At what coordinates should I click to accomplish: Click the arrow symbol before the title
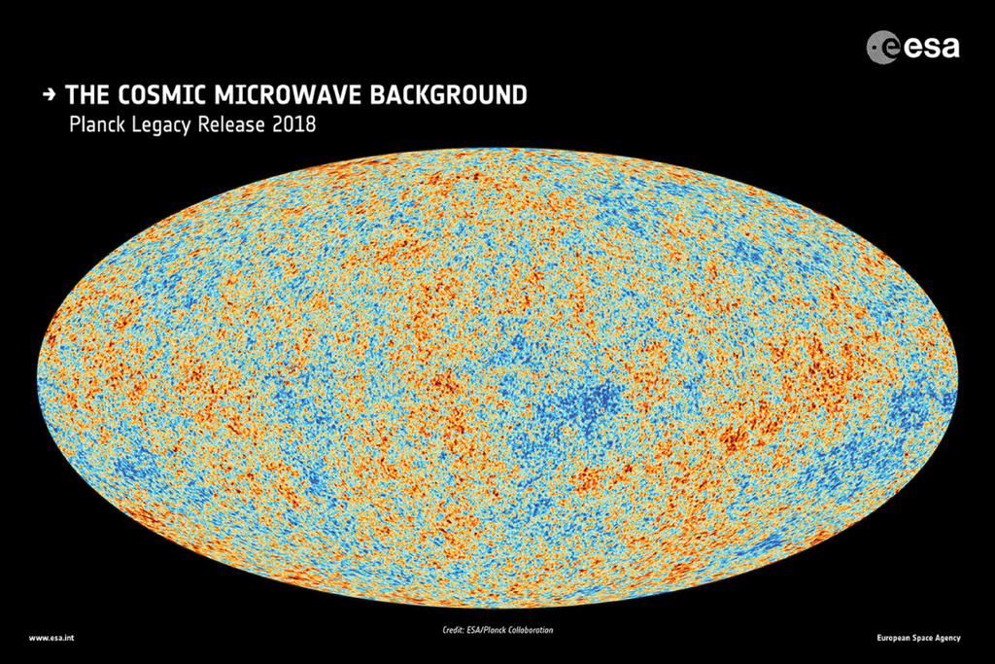click(49, 95)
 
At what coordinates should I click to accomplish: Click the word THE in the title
click(86, 95)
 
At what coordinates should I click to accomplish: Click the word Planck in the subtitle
click(94, 125)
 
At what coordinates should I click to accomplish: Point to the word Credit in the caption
click(454, 631)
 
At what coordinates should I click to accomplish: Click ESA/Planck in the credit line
click(491, 631)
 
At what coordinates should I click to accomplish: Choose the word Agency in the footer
click(949, 638)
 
